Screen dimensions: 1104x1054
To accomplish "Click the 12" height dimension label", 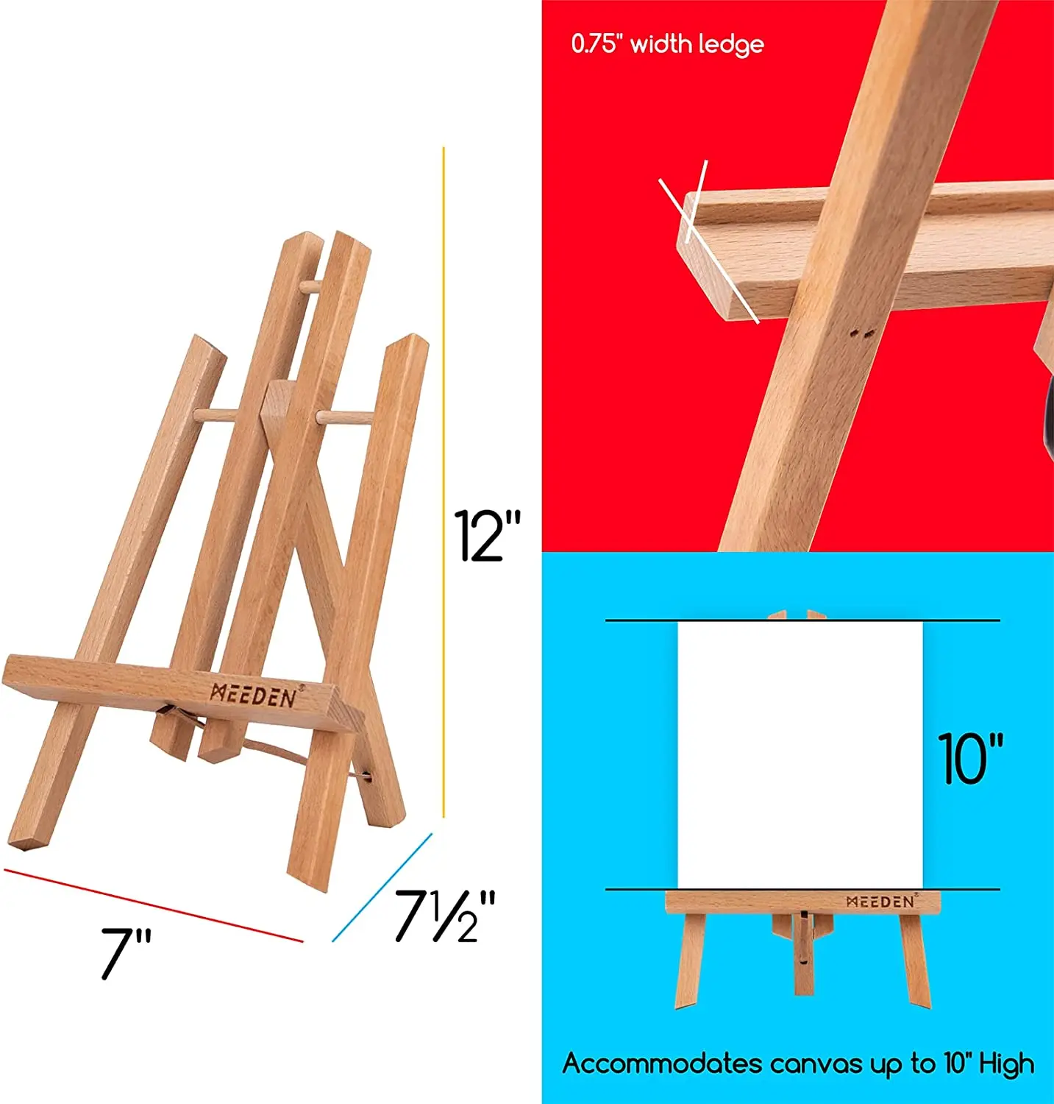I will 487,537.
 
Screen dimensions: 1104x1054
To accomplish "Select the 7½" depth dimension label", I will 445,916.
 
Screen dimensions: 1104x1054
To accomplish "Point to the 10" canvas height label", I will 970,759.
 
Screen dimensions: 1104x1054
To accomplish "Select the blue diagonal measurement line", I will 382,888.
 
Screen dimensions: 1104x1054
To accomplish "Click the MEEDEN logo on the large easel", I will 254,696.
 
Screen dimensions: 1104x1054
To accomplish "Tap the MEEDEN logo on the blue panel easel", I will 880,902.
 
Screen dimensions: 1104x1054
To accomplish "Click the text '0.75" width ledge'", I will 667,44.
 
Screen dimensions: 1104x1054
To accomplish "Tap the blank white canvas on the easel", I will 800,754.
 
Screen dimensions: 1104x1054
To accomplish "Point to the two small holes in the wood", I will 861,333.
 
